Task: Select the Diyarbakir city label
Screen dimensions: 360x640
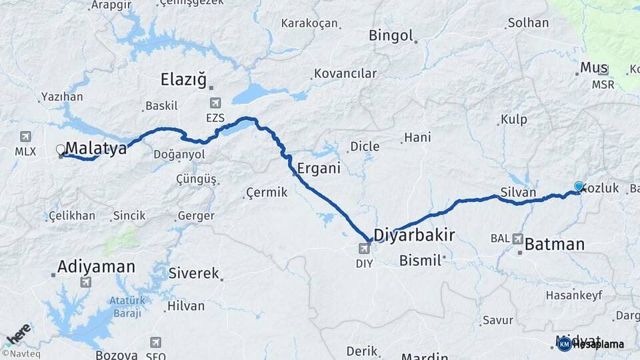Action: click(414, 235)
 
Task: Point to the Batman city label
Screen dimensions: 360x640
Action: click(554, 244)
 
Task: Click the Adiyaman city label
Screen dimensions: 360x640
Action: click(96, 267)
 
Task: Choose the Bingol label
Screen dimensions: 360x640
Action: click(391, 35)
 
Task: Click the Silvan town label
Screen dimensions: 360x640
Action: click(518, 192)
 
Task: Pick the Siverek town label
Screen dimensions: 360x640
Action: click(193, 273)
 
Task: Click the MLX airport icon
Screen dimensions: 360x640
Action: click(25, 137)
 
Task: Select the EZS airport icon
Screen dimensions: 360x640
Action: click(215, 103)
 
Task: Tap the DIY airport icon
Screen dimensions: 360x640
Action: click(364, 249)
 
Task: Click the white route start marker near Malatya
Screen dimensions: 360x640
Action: click(61, 150)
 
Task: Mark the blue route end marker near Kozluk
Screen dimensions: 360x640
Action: click(579, 187)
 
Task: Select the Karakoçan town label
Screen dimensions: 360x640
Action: click(309, 23)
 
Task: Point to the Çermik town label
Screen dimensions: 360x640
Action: click(267, 192)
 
